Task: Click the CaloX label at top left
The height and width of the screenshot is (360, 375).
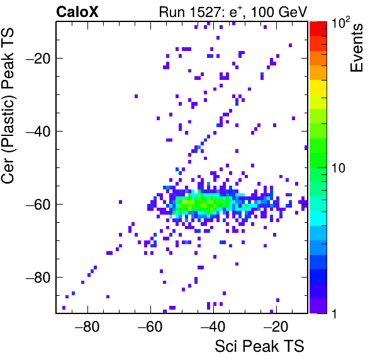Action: tap(77, 12)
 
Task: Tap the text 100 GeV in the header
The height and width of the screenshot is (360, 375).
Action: tap(279, 12)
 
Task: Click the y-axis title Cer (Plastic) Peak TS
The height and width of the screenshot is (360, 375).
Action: tap(8, 106)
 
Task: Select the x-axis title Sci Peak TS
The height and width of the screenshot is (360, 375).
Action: tap(259, 346)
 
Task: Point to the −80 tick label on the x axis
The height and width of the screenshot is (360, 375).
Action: tap(87, 326)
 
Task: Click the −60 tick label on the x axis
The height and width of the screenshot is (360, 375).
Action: tap(150, 326)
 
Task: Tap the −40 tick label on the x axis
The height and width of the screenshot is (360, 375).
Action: tap(213, 326)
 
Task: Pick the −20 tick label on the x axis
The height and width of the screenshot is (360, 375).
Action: tap(276, 326)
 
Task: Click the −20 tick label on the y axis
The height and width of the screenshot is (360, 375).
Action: tap(38, 58)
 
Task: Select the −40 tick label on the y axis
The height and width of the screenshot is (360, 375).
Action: tap(38, 131)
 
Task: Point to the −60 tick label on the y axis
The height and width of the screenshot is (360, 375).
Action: tap(38, 204)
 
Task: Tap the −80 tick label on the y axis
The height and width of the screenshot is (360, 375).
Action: tap(38, 277)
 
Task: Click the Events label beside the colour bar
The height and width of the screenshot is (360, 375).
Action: tap(356, 48)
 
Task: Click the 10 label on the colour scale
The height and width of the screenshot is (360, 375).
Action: tap(339, 168)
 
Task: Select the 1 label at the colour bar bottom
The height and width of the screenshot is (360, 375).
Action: tap(334, 313)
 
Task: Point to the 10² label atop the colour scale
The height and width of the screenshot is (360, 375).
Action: tap(340, 22)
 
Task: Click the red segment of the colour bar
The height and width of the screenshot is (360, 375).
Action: tap(318, 29)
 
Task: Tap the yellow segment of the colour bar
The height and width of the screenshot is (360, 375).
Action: tap(318, 87)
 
